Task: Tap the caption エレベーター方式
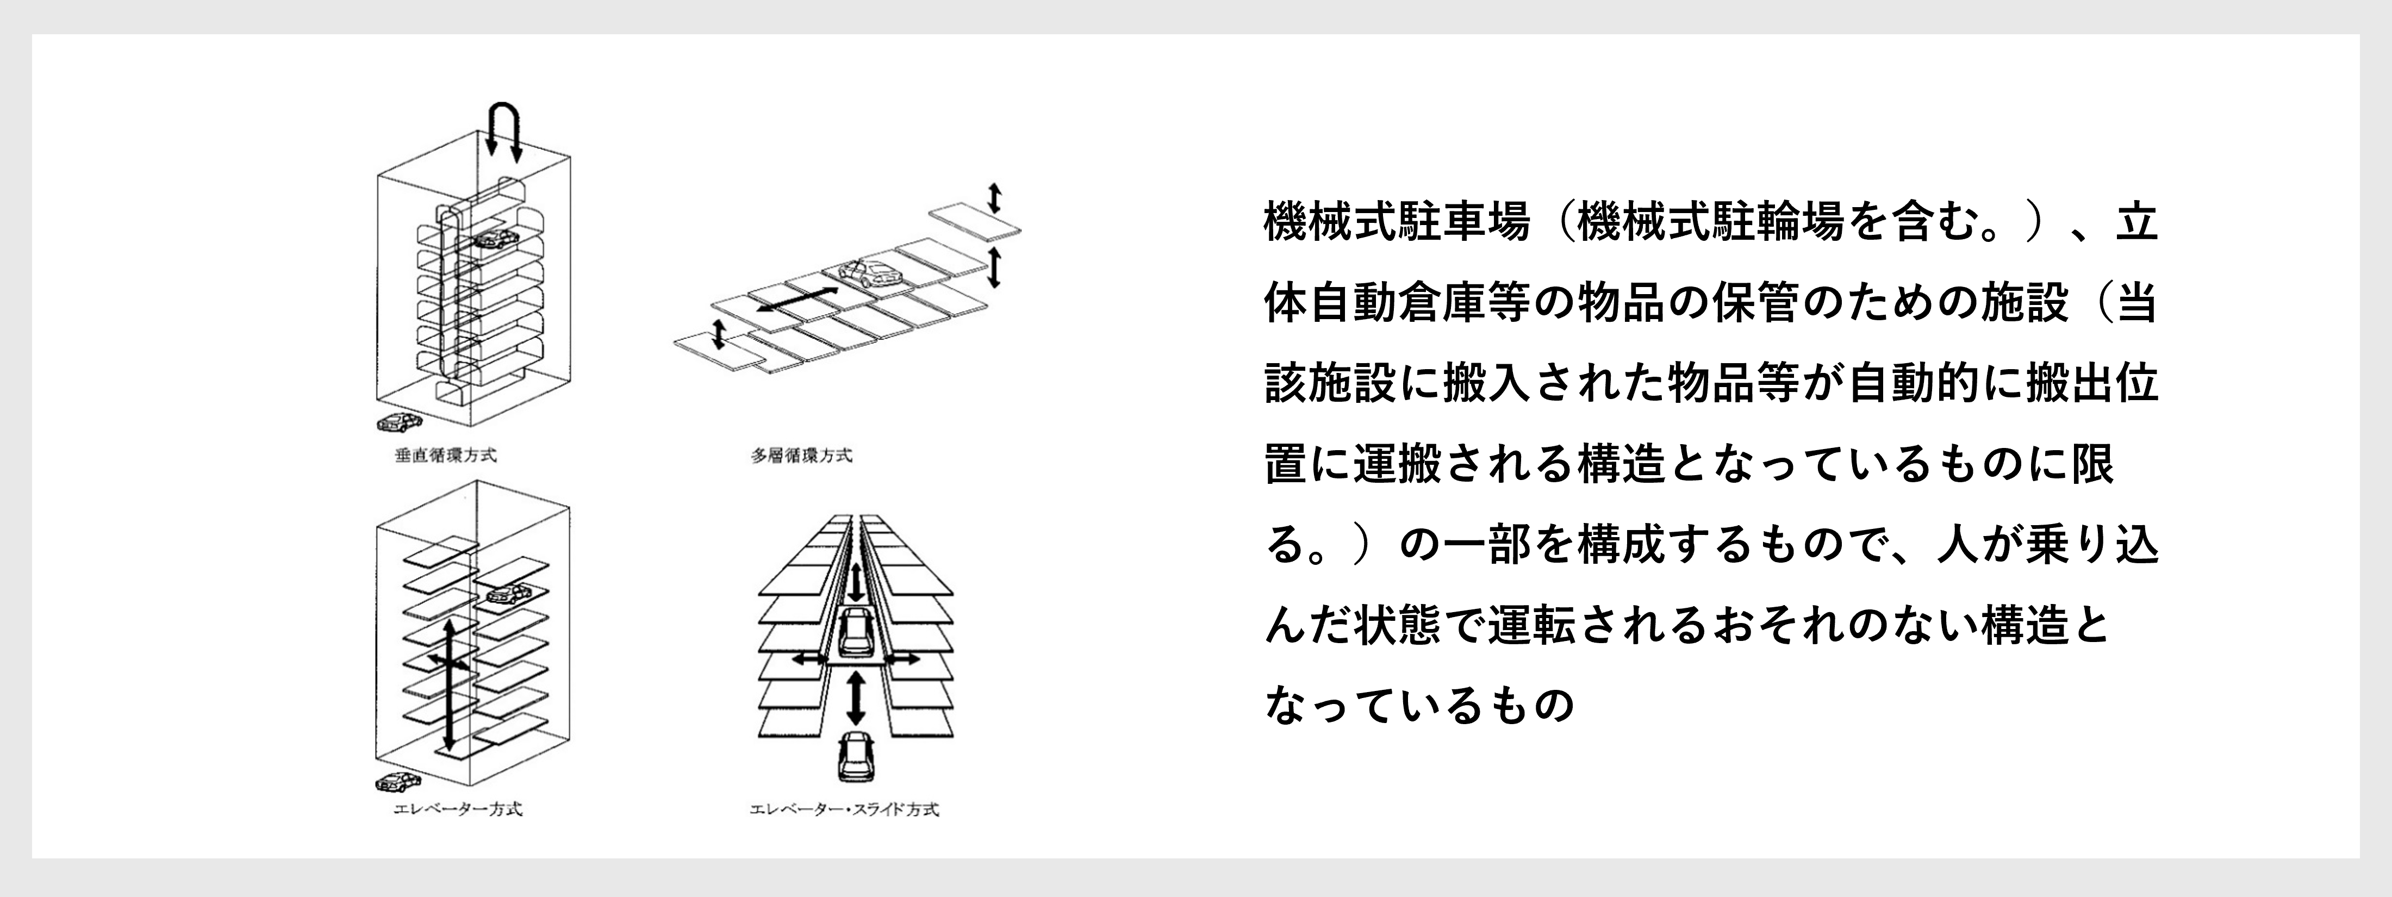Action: click(x=458, y=809)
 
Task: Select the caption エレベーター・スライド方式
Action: click(x=844, y=809)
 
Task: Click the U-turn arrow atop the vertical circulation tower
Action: click(x=504, y=104)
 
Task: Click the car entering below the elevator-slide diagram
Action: click(x=854, y=755)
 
